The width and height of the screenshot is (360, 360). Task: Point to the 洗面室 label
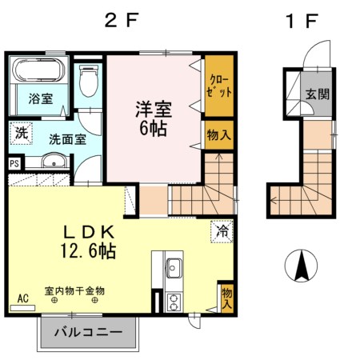pos(67,138)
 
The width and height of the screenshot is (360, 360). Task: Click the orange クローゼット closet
pos(218,86)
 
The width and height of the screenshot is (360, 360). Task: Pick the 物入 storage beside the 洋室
pos(218,135)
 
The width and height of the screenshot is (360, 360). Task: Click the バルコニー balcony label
pos(89,330)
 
